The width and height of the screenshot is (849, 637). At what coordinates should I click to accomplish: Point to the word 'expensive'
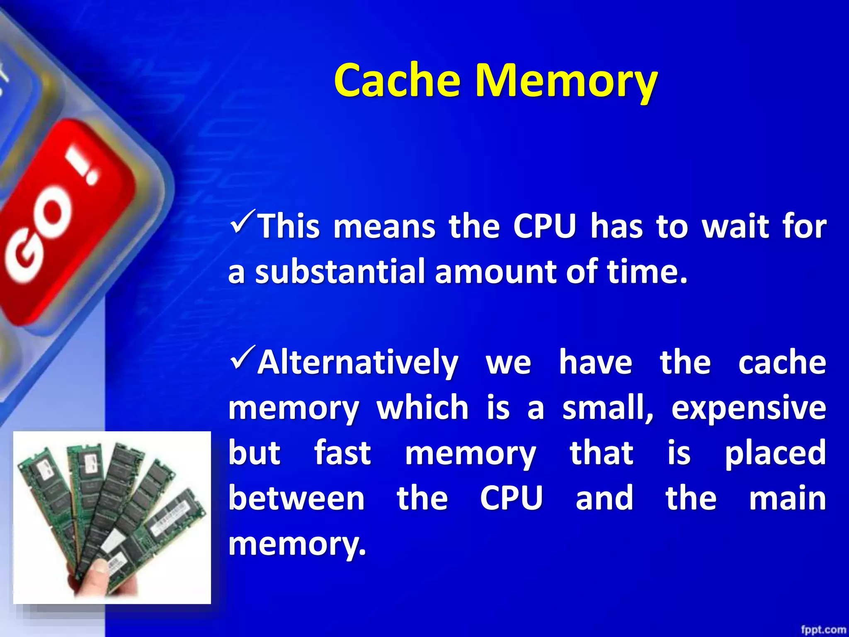coord(748,408)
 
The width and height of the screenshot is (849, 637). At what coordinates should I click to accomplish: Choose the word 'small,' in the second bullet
coord(607,408)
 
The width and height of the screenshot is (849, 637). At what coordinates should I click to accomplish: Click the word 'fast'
coord(342,453)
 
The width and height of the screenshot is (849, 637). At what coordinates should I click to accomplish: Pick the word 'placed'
coord(775,453)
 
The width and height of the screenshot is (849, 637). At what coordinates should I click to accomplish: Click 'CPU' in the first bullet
coord(545,227)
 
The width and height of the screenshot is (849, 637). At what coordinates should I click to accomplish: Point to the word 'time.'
coord(647,272)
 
